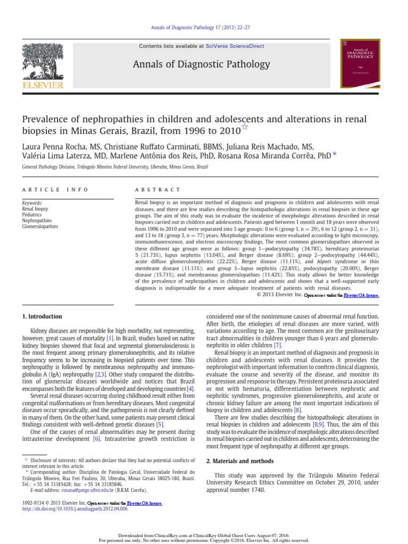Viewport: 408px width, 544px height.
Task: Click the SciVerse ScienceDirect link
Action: (229, 46)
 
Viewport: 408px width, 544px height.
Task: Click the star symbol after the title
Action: (245, 126)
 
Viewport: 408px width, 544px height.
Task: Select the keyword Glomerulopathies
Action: (40, 226)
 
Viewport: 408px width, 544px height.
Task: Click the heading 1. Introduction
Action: (42, 316)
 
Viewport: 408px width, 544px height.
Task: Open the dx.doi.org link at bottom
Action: (74, 508)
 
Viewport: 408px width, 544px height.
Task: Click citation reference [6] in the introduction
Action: (97, 439)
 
